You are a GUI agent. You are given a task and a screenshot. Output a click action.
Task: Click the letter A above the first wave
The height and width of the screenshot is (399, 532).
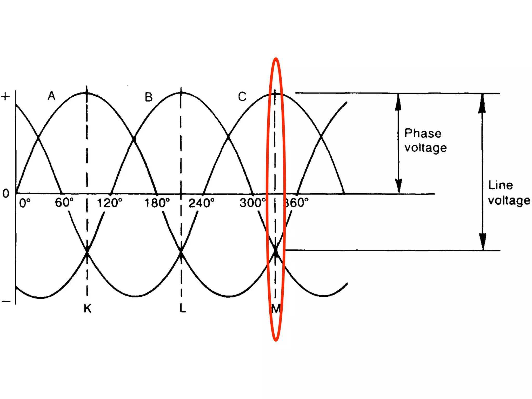(x=51, y=96)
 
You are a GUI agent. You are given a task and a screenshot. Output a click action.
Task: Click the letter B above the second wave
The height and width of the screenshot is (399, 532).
(x=149, y=97)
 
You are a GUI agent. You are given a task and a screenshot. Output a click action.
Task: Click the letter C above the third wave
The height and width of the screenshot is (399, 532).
(x=242, y=97)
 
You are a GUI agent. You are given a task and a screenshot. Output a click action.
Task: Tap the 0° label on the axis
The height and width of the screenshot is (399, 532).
(x=25, y=203)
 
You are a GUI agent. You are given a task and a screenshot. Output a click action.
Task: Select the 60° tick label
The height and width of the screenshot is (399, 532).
(x=64, y=202)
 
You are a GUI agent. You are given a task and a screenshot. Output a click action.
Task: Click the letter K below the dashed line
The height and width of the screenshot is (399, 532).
(x=88, y=308)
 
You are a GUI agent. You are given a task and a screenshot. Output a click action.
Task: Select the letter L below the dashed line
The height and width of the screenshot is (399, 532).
(x=183, y=308)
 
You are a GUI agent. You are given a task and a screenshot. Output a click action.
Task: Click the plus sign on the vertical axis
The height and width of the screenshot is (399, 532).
(x=5, y=97)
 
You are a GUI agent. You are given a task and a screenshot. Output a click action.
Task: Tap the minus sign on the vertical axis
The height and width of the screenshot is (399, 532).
(x=6, y=301)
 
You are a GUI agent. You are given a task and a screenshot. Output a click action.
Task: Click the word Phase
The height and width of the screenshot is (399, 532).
(x=423, y=133)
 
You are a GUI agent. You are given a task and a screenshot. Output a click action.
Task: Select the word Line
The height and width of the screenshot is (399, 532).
(x=501, y=185)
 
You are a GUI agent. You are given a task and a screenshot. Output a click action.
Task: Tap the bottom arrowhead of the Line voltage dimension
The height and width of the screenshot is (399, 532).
(x=483, y=241)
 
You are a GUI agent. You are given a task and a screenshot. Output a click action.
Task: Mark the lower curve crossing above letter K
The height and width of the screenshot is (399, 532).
(x=87, y=252)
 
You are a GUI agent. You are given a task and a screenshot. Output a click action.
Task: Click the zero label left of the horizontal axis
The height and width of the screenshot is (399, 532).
(x=6, y=194)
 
